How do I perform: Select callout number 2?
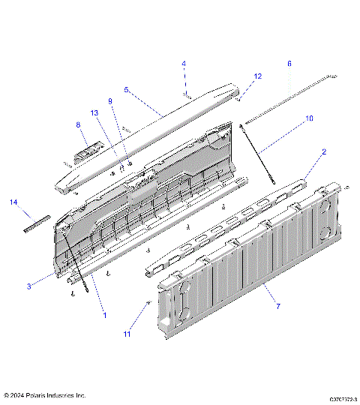point(323,151)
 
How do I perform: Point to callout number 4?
point(183,64)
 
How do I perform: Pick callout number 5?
point(127,89)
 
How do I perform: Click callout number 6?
point(289,64)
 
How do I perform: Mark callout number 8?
point(76,124)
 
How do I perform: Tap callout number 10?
point(309,118)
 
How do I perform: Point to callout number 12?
point(258,76)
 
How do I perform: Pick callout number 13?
point(94,112)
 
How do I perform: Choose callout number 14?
point(13,202)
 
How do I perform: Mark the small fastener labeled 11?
point(149,301)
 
